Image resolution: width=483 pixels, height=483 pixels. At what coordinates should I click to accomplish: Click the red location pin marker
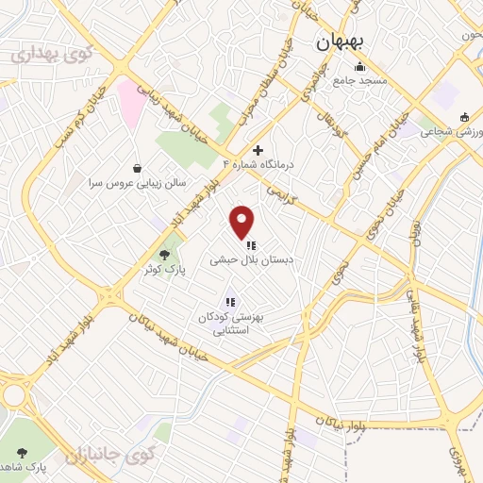pos(242,221)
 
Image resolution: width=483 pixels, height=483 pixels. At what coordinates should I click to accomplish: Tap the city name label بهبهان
pos(346,42)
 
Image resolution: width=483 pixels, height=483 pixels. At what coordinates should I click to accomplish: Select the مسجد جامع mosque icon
pos(359,67)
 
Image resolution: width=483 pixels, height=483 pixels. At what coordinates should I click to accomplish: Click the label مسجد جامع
pos(359,81)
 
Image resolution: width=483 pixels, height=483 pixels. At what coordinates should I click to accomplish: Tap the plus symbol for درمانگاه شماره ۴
pos(258,150)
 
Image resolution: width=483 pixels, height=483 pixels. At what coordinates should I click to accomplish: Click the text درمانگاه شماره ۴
pos(258,164)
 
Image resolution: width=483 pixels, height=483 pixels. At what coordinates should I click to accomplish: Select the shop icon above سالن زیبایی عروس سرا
pos(139,168)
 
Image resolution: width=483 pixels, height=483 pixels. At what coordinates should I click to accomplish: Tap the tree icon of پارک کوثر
pos(166,254)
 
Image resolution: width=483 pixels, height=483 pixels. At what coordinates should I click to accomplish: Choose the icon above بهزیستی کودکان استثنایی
pos(229,303)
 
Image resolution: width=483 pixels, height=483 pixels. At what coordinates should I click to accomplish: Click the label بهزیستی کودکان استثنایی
pos(229,325)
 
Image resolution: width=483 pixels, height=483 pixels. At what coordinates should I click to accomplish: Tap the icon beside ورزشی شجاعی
pos(463,117)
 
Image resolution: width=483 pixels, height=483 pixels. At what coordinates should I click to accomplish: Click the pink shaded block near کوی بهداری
pos(130,102)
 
